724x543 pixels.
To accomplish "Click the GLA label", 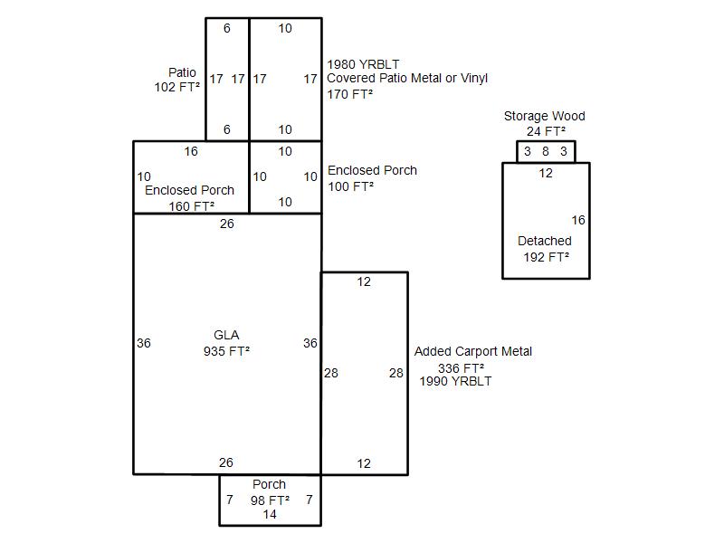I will [226, 335].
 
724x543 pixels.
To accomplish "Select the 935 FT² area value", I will [226, 351].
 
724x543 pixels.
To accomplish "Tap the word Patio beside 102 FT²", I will [182, 72].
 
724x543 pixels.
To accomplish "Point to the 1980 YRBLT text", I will [363, 64].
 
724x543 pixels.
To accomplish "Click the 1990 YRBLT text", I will [455, 381].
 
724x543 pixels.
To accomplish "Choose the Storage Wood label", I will [545, 116].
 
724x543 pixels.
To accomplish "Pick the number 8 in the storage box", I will [546, 151].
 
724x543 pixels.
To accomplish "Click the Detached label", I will [545, 241].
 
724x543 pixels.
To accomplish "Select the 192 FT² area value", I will [547, 257].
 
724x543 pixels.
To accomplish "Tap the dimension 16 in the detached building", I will [578, 220].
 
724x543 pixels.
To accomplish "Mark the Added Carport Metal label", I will [473, 351].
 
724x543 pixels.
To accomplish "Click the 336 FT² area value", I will [461, 368].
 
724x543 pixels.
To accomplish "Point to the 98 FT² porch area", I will [271, 500].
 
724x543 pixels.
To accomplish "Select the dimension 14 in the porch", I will [270, 514].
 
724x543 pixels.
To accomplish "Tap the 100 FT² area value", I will [350, 186].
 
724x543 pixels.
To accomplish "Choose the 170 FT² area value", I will [350, 93].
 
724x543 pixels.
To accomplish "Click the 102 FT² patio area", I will [177, 88].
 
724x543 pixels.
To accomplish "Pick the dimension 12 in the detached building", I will [546, 173].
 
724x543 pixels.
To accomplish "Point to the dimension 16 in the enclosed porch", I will [191, 151].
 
